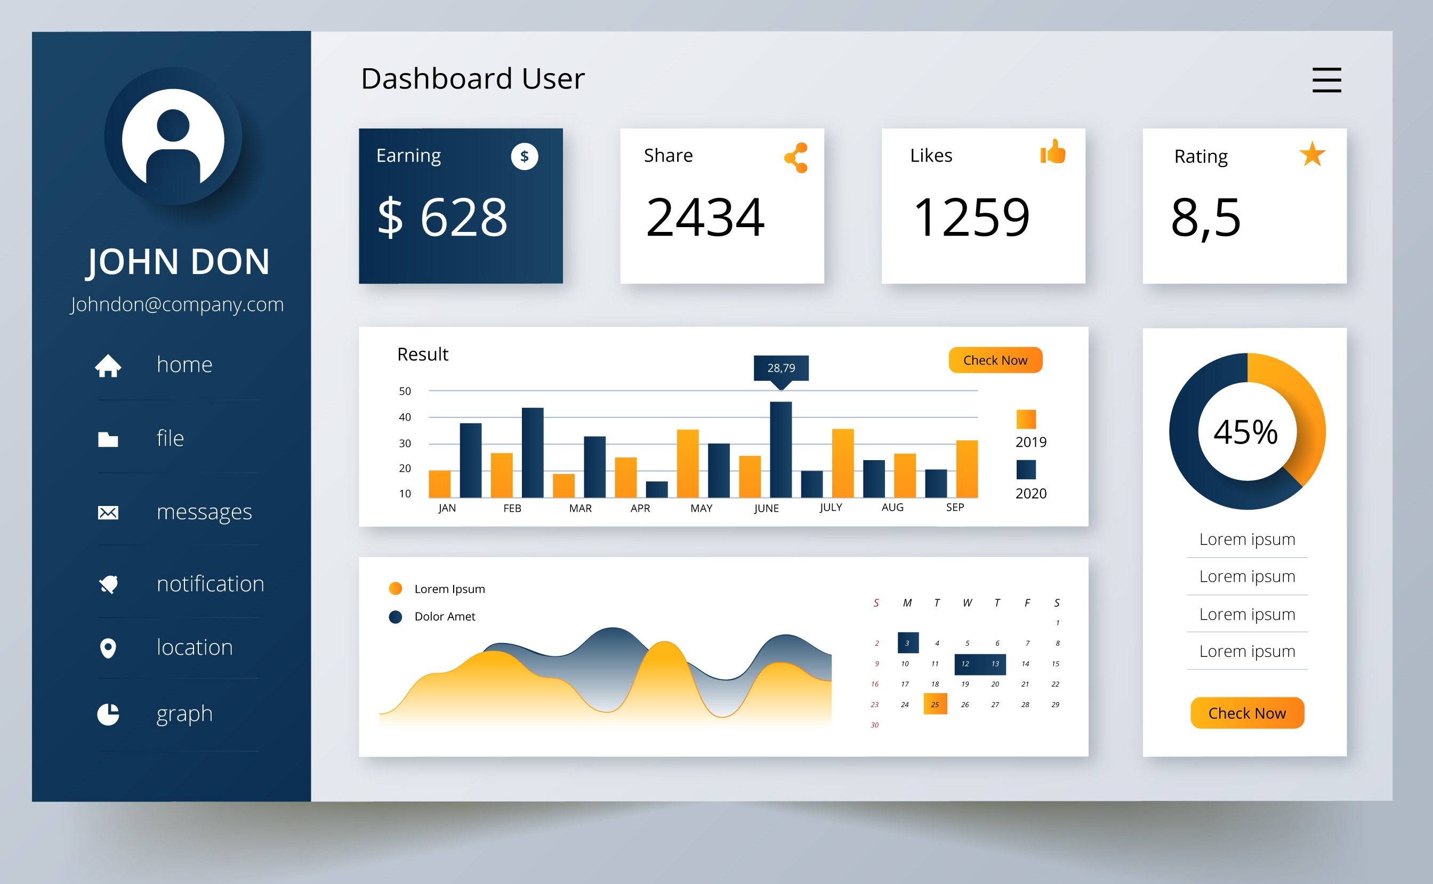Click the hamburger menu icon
[1326, 80]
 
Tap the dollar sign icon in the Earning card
[524, 157]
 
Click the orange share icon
[796, 158]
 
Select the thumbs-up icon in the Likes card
[1052, 152]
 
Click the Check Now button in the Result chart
[995, 360]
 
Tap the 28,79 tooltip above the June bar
[781, 368]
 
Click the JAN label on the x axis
[447, 508]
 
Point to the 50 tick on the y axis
[405, 391]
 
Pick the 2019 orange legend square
[1026, 419]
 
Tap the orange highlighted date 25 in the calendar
[935, 704]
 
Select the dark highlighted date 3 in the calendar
[907, 642]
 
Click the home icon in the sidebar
[108, 366]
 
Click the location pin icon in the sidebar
[108, 648]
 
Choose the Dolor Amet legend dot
[396, 617]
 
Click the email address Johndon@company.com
[177, 304]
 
